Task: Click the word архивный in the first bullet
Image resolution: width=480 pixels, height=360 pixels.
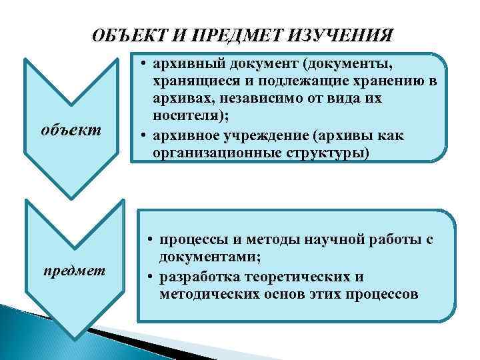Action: click(x=181, y=65)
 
